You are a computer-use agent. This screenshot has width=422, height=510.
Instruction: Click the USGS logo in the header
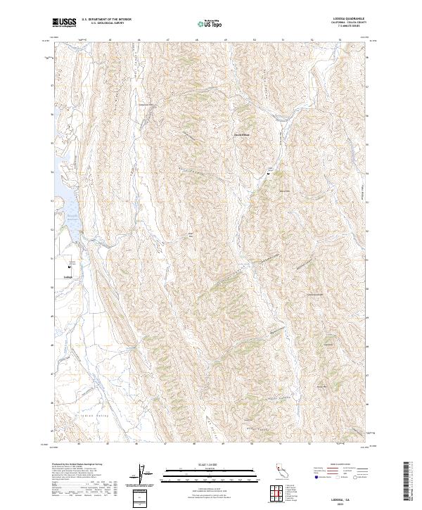[63, 23]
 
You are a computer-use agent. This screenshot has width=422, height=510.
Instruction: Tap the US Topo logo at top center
[210, 24]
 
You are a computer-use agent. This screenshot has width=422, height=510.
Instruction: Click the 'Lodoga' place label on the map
[68, 276]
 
